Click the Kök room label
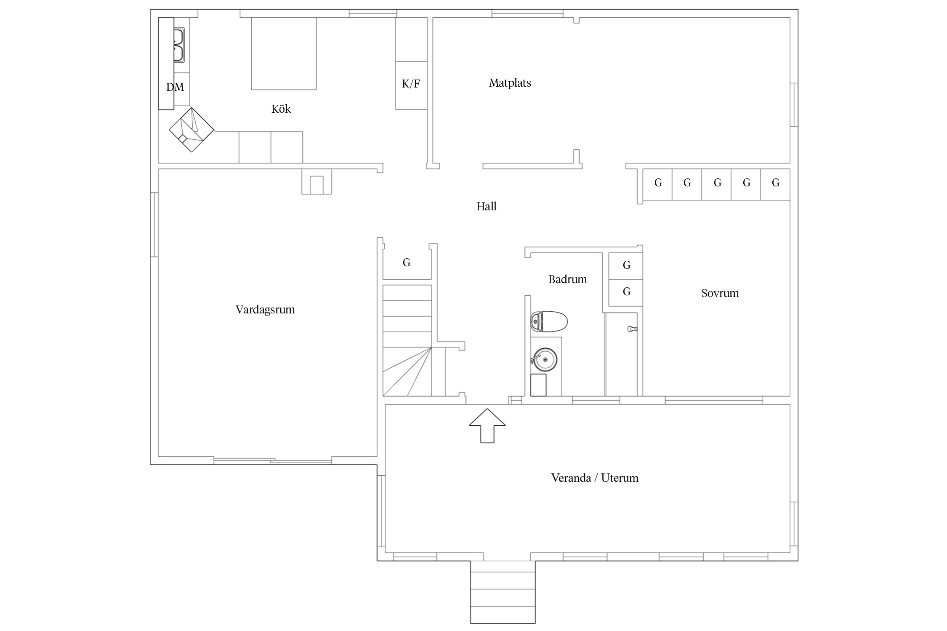coord(281,109)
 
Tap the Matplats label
coord(510,83)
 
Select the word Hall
coord(487,207)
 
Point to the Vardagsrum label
coord(265,310)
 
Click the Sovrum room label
coord(720,293)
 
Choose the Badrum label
coord(568,279)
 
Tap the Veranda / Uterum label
coord(595,478)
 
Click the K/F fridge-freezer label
coord(411,84)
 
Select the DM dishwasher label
coord(175,87)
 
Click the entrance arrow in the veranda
coord(487,425)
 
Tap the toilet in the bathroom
coord(549,322)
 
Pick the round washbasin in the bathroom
coord(545,360)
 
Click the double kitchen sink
coord(179,45)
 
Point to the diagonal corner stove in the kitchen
coord(192,130)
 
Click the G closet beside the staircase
coord(407,262)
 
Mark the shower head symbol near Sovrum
coord(632,329)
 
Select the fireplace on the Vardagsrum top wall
coord(317,182)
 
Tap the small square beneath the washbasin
coord(538,385)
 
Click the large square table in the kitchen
coord(284,53)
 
